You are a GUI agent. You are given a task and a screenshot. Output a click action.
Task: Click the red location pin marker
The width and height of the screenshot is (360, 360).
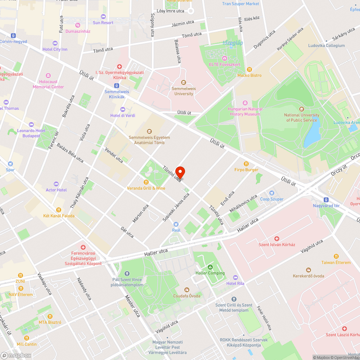pos(180,172)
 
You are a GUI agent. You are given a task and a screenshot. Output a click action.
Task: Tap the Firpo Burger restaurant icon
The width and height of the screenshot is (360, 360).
pos(247,163)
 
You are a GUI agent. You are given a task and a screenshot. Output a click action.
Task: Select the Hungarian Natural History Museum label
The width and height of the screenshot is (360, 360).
pos(245,111)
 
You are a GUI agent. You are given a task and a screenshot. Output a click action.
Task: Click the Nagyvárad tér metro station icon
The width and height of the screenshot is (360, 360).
pos(326,199)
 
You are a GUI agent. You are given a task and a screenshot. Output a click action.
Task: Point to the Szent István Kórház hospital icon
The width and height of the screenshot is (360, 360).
pos(277,238)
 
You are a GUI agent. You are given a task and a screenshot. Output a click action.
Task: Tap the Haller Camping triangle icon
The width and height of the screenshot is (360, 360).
pos(210,267)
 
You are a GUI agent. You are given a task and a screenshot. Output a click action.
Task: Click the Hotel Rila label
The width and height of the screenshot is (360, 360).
pos(235,283)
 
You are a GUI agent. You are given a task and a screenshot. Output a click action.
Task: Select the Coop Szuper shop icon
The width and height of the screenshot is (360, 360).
pos(272,193)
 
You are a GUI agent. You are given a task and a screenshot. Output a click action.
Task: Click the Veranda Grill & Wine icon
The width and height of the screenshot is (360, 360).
pos(146,182)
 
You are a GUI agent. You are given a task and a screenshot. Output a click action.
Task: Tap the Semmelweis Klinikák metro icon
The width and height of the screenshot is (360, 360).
pos(117,86)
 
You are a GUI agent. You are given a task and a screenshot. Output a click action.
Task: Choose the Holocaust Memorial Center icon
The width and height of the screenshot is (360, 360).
pos(48,76)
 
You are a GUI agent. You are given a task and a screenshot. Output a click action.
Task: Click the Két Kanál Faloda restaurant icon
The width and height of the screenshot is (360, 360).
pos(59,210)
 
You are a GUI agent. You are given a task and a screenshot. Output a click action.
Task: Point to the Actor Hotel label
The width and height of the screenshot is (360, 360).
pos(56,190)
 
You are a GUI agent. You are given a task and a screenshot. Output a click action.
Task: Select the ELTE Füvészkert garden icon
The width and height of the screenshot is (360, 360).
pos(225,58)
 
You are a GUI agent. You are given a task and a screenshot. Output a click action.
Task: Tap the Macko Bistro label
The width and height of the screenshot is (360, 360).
pos(249,75)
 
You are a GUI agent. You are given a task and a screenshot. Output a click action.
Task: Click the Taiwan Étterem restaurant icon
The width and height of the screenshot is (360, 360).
pos(336,256)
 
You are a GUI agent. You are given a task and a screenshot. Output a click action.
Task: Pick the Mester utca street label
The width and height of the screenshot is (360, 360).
pos(132,306)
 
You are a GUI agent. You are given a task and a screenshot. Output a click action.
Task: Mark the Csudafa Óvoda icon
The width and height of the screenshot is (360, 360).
pos(187,290)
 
